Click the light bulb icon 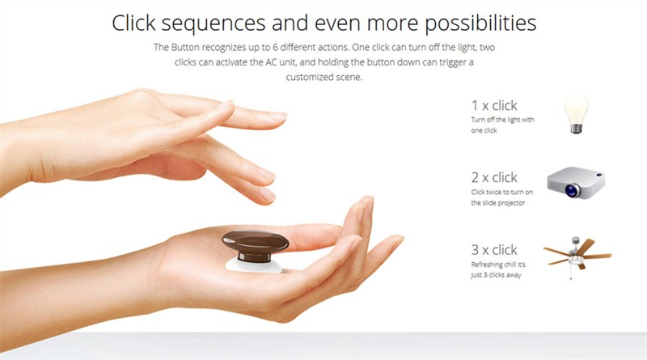(x=576, y=114)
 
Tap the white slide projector (x=576, y=182)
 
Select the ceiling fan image (x=577, y=256)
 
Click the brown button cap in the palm (x=256, y=244)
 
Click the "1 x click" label (x=494, y=105)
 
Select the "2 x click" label (x=494, y=177)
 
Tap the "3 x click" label (x=494, y=250)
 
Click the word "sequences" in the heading (x=214, y=24)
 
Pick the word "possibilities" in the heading (x=480, y=24)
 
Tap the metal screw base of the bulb (x=576, y=128)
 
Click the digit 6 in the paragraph (x=274, y=48)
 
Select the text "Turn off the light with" (x=502, y=120)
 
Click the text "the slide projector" (x=498, y=203)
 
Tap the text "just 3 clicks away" (x=496, y=275)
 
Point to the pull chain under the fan (x=572, y=272)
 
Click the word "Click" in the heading (x=133, y=23)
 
